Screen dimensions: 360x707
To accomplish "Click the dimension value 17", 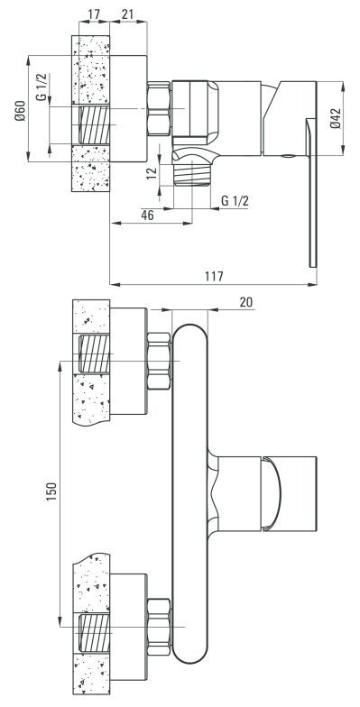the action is [94, 14].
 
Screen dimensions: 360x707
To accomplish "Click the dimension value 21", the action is [128, 14].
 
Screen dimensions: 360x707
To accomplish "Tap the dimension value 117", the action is [214, 276].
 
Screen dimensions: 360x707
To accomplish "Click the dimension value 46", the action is [148, 215].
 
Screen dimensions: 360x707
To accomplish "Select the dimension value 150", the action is [52, 491].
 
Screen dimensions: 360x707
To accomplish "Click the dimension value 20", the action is [245, 302].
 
